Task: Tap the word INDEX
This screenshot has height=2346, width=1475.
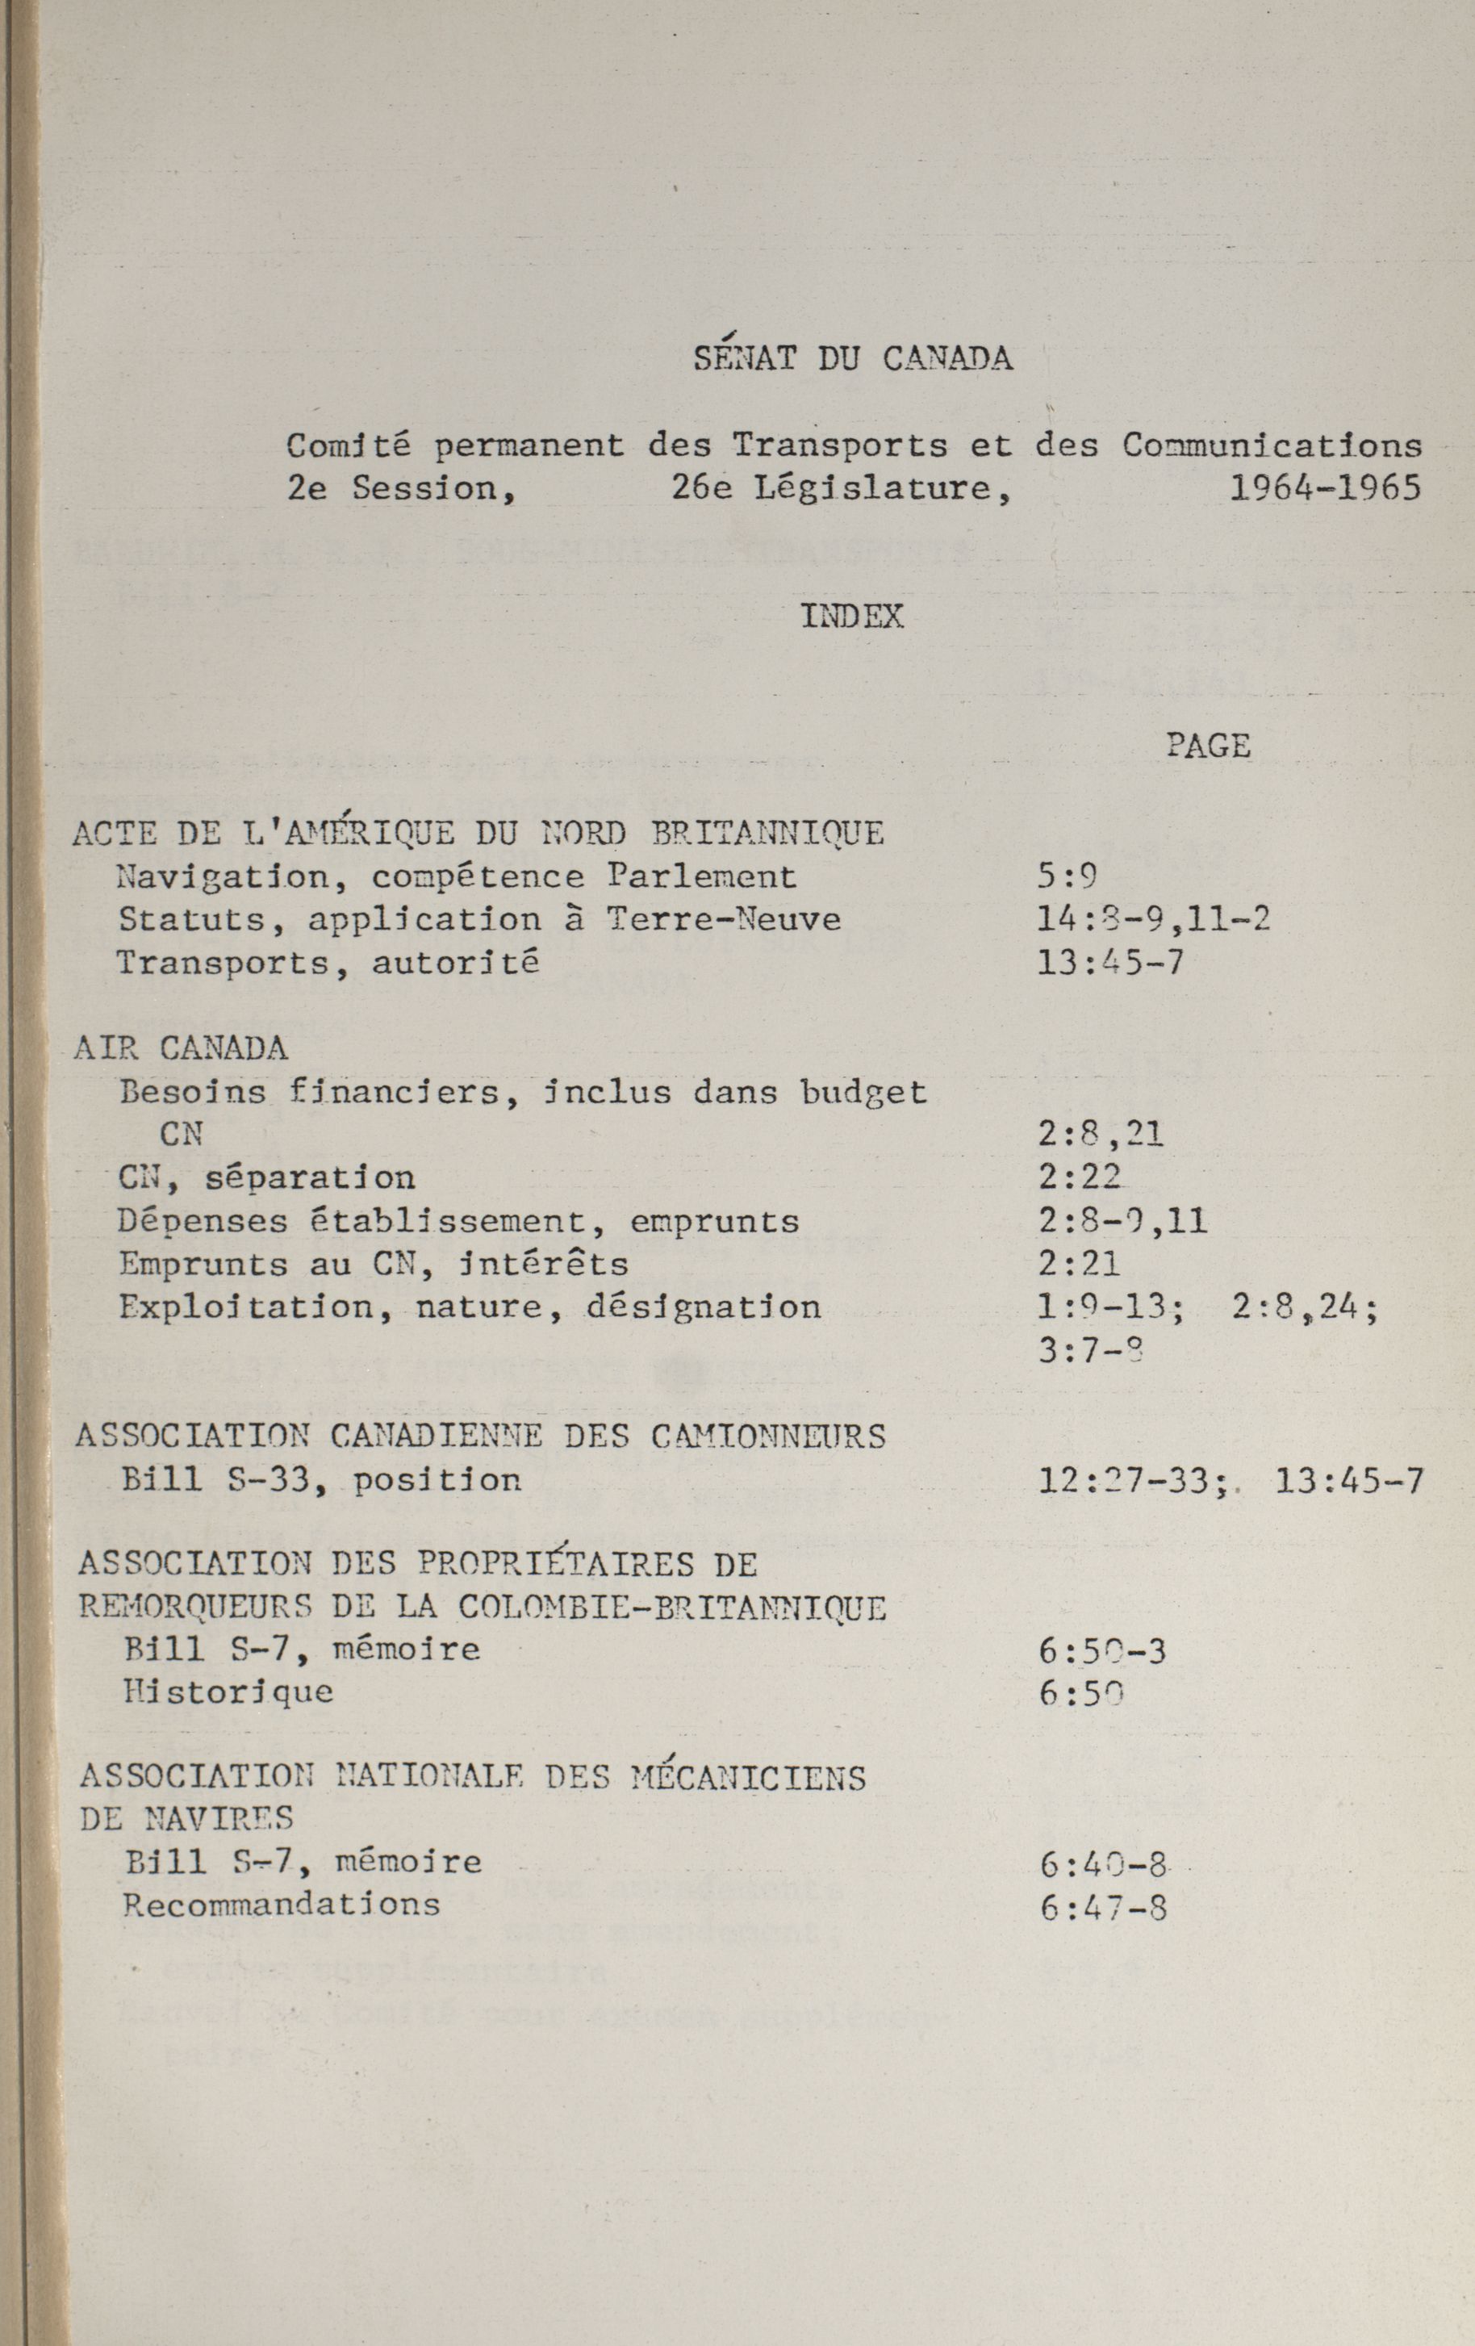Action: [x=852, y=617]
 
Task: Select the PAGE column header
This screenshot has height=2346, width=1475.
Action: [x=1208, y=746]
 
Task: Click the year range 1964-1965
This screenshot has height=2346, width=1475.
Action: [x=1325, y=488]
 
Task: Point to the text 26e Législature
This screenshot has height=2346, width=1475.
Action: [x=841, y=488]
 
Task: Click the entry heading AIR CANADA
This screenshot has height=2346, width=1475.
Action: [x=182, y=1048]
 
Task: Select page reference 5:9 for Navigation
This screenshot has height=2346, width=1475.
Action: [x=1068, y=877]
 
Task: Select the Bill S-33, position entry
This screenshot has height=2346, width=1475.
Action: [x=321, y=1480]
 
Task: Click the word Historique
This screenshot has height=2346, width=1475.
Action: [x=229, y=1692]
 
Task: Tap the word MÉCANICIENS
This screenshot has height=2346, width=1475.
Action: [x=748, y=1778]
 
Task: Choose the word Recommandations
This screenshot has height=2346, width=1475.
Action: [x=282, y=1905]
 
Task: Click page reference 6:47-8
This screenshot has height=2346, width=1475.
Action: [x=1103, y=1907]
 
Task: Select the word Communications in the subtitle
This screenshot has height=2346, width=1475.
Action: [x=1272, y=446]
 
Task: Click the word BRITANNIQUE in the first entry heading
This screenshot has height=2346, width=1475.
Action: [x=767, y=833]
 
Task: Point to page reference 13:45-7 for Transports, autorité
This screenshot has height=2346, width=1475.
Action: [x=1110, y=964]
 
